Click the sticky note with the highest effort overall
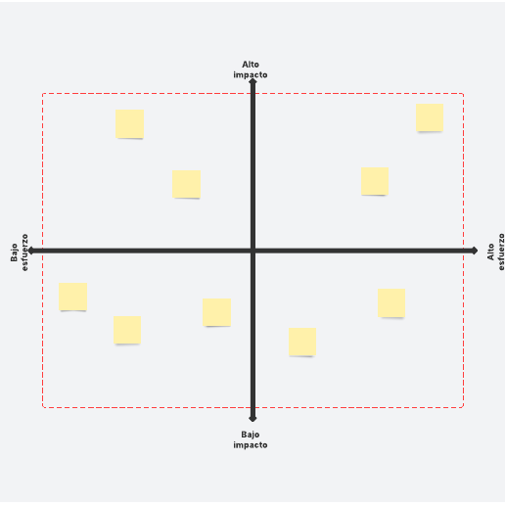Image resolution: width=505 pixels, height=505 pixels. [x=430, y=117]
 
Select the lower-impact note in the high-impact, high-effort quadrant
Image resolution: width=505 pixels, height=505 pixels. [x=375, y=181]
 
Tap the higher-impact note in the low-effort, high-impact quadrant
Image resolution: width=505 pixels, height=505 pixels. [x=129, y=123]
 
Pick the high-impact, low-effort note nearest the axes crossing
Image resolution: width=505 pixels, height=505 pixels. [x=186, y=184]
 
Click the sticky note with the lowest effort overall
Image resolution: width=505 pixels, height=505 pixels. [x=72, y=297]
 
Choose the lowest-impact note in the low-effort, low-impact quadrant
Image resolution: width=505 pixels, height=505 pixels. [x=127, y=330]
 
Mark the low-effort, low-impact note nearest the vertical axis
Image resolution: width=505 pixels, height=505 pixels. [x=217, y=312]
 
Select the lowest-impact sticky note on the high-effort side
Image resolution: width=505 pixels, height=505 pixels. [x=302, y=342]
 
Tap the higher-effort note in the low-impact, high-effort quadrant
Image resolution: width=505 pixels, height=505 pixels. [x=391, y=302]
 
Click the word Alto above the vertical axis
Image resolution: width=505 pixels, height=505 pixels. [x=251, y=65]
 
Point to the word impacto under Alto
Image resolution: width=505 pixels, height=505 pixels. [x=251, y=74]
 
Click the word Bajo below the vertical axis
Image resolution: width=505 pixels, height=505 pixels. [x=251, y=435]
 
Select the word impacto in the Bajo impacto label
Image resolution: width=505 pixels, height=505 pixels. [x=251, y=445]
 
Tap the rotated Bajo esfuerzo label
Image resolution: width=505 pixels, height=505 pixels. [x=20, y=252]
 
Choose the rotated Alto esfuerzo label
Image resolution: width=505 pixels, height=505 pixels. [x=495, y=252]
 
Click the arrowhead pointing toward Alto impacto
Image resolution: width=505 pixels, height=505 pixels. [x=252, y=81]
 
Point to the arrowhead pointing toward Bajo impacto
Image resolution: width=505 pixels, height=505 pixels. [x=252, y=419]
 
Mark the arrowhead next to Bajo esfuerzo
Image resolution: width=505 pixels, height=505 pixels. [x=31, y=251]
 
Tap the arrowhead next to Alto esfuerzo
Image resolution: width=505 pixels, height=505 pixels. [x=475, y=251]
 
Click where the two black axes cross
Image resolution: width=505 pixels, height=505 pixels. [x=252, y=251]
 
